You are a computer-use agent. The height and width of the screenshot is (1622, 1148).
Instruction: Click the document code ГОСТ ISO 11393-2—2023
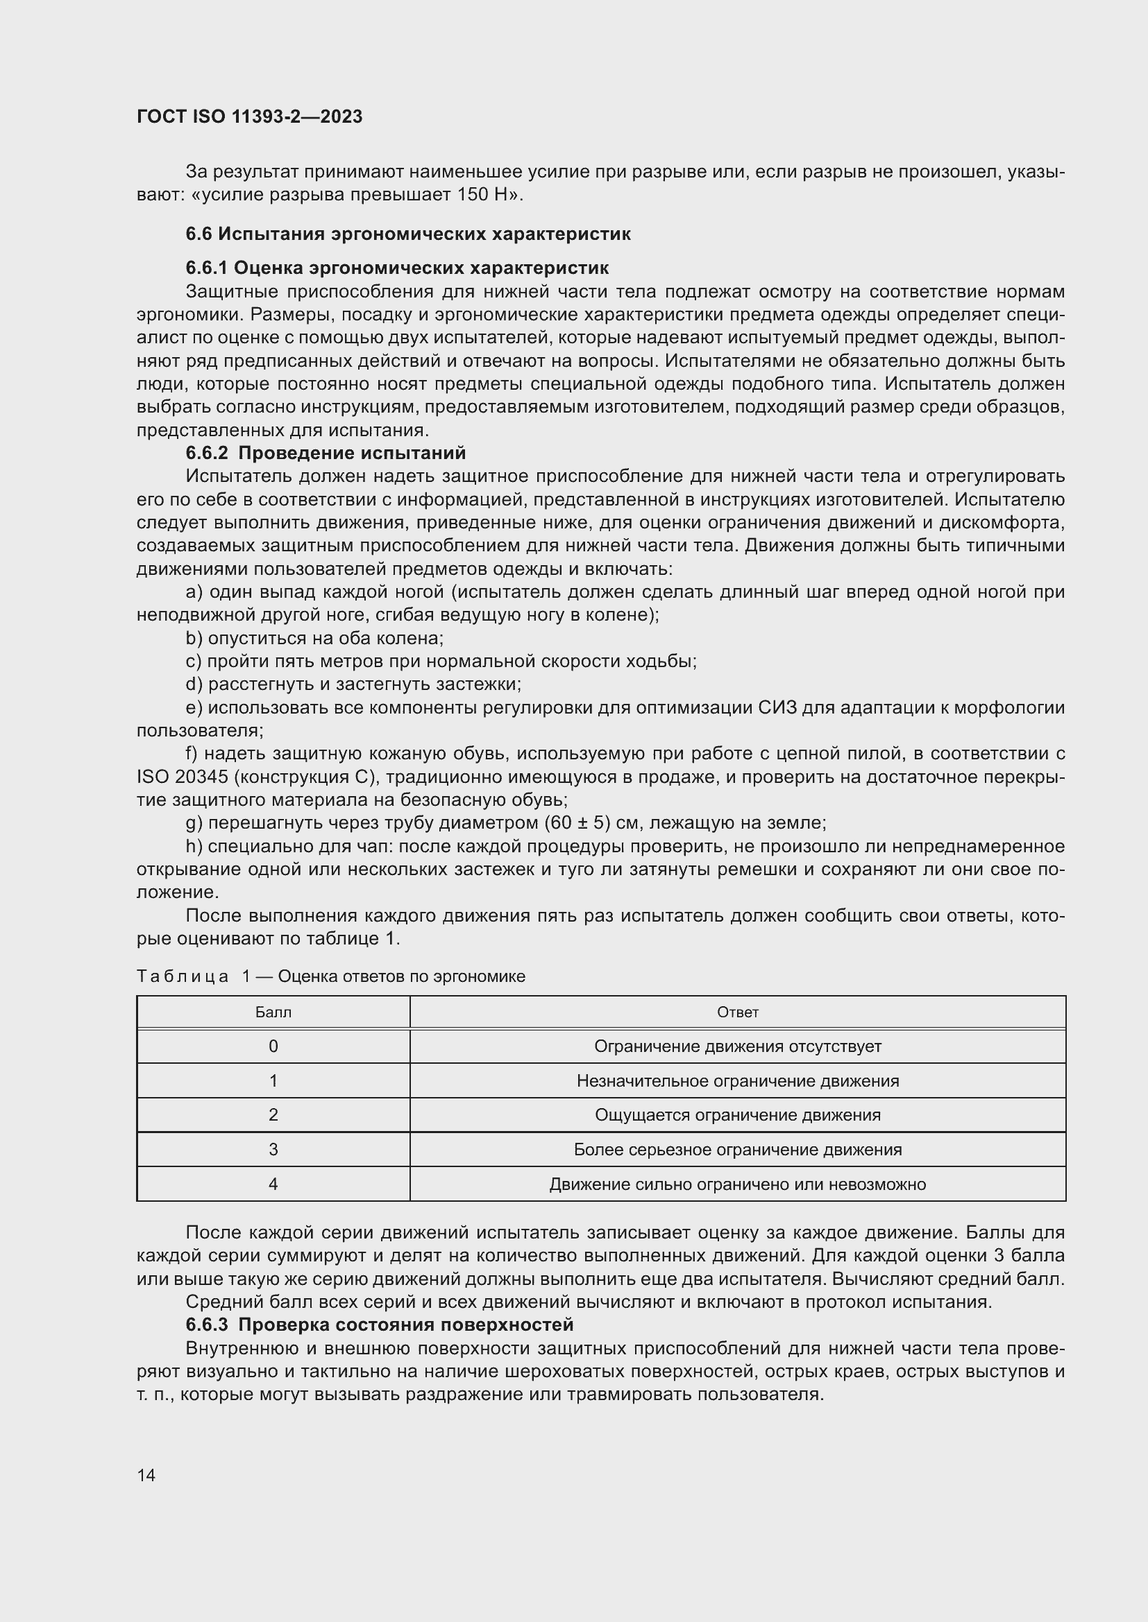249,117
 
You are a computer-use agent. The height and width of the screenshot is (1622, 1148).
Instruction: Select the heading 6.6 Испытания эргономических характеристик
408,234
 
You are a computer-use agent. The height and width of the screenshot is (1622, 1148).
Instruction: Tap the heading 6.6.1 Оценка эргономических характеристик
396,268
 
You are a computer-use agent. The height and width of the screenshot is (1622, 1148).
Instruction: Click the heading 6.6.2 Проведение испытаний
325,452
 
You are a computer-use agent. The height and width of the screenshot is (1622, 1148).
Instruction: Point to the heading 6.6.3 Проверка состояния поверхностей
379,1324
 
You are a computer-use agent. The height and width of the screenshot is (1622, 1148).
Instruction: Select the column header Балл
273,1012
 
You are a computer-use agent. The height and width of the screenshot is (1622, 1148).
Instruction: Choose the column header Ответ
737,1012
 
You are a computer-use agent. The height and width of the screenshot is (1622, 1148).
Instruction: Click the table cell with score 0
273,1046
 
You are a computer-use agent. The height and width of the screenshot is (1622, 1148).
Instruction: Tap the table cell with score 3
273,1149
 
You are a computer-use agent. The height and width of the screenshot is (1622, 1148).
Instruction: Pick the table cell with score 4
273,1184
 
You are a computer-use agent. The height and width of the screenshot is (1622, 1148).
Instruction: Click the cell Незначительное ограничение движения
737,1081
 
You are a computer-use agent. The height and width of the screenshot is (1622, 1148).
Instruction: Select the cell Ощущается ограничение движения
737,1115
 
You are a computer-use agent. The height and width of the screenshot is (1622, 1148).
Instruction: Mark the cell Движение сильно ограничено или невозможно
737,1184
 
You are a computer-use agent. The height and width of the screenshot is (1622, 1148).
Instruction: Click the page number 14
146,1475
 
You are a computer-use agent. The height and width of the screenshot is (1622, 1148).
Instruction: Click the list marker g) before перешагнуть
194,823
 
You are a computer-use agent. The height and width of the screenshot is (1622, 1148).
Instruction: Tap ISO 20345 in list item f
182,777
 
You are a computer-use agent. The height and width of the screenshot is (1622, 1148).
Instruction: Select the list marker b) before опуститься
194,639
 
